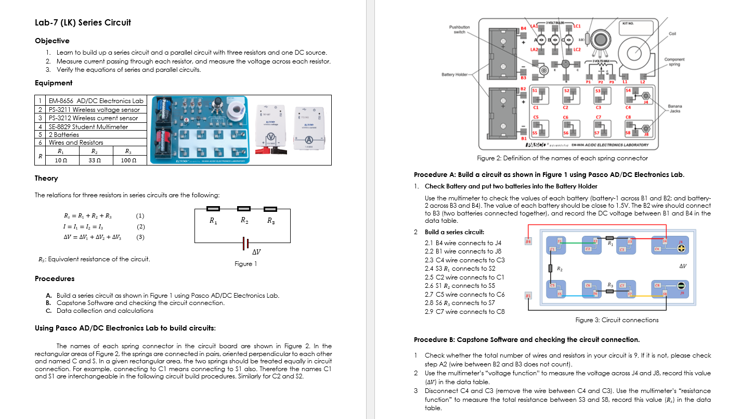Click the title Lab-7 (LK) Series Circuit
[83, 22]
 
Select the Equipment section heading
[54, 83]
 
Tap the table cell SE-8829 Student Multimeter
[88, 126]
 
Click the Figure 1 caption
[245, 264]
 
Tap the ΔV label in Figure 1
[256, 252]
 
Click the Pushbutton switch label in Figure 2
[459, 29]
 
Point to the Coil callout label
[672, 34]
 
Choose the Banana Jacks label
[674, 108]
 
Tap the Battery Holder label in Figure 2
[455, 75]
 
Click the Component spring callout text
[674, 62]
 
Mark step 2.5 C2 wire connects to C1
[464, 277]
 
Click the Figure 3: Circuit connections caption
[617, 320]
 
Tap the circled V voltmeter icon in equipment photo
[270, 139]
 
